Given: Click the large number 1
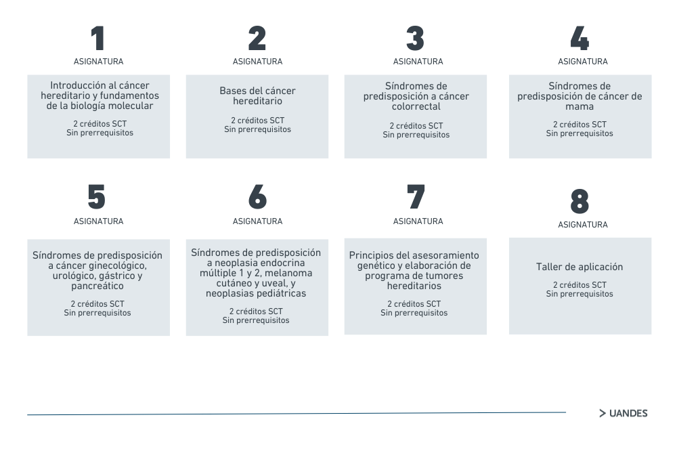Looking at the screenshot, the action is [98, 38].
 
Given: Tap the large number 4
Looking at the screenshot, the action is [580, 38].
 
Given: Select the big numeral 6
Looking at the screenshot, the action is [258, 196].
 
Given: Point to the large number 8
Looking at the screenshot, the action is [580, 201].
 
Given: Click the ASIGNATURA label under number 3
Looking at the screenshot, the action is [418, 62].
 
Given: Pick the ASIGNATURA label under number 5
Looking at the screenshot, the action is [98, 221].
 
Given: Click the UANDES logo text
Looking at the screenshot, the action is [628, 413].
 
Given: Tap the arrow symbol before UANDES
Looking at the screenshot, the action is [603, 413].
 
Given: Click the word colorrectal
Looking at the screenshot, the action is [416, 106].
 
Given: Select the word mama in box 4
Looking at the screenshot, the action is [580, 106].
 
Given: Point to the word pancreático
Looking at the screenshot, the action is [97, 286].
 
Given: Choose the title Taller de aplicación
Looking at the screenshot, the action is [580, 267].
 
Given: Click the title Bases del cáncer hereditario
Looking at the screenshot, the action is [257, 96].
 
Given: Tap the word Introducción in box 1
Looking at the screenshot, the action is [75, 85].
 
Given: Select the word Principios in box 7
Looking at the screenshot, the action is [371, 255].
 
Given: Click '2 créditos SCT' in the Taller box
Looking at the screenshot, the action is [580, 284].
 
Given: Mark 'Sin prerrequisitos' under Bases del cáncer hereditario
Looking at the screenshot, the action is [257, 129].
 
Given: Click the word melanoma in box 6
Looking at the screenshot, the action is [288, 273].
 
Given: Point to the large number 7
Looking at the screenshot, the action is [416, 196].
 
